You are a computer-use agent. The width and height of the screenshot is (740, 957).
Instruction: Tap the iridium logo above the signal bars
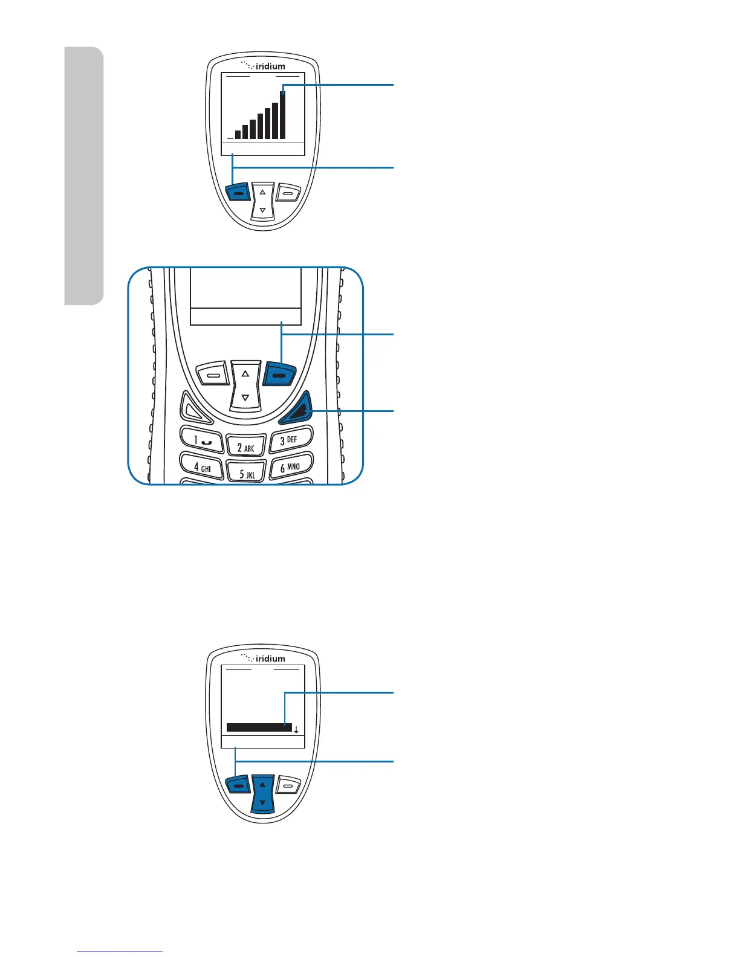coord(264,66)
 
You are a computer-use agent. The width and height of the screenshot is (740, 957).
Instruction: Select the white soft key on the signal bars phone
coord(288,193)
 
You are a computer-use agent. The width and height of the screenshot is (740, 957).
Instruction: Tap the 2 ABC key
coord(245,447)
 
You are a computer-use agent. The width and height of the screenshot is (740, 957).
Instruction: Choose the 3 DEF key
coord(290,439)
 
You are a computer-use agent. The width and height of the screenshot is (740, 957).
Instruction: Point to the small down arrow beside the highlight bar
coord(296,730)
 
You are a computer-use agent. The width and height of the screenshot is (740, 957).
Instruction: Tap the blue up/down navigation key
coord(262,793)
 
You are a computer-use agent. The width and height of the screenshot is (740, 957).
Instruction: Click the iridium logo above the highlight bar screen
coord(264,658)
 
